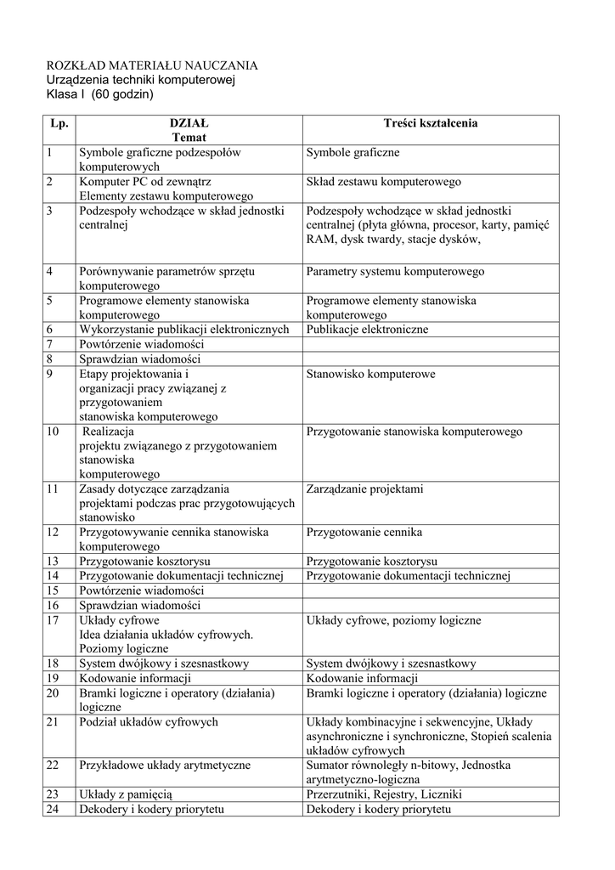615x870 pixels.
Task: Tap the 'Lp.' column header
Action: [x=59, y=123]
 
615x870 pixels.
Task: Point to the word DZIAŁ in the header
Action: [x=189, y=123]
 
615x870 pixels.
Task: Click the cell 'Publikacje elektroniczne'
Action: [x=368, y=329]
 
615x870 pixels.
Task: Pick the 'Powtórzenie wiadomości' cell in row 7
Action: [x=142, y=344]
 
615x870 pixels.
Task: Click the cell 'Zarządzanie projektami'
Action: [x=364, y=489]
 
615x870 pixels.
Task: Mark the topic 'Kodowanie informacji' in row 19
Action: [x=135, y=678]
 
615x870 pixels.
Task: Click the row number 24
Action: [x=53, y=809]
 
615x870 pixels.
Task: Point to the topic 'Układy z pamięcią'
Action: [x=126, y=794]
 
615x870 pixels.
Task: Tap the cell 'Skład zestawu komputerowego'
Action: [x=384, y=182]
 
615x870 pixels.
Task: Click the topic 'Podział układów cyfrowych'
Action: [x=149, y=721]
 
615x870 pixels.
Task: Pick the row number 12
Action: [x=53, y=532]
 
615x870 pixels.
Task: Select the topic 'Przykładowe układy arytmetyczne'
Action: [x=165, y=765]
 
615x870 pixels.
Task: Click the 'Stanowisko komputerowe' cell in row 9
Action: [x=371, y=373]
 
